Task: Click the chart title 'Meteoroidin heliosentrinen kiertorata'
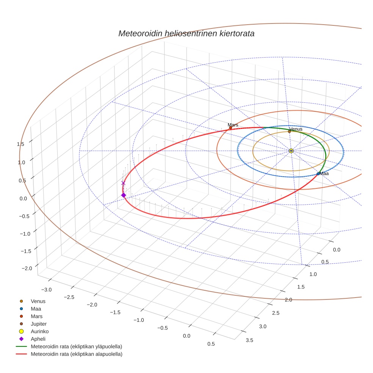pos(186,33)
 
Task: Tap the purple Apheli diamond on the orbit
pos(123,195)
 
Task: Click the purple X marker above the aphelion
pos(123,183)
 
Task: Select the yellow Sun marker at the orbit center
pos(291,151)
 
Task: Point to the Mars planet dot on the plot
pos(230,128)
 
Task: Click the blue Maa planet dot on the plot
pos(318,174)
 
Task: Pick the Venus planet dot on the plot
pos(289,132)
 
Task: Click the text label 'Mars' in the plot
pos(233,125)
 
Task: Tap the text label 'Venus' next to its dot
pos(296,129)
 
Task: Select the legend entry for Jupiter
pos(39,324)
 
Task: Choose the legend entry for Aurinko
pos(39,331)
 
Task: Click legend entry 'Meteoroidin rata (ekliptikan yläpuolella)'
pos(76,346)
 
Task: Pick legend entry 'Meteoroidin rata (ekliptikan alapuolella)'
pos(76,354)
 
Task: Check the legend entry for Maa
pos(36,309)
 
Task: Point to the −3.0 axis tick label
pos(47,290)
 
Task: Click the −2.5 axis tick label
pos(69,297)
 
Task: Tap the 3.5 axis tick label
pos(249,340)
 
